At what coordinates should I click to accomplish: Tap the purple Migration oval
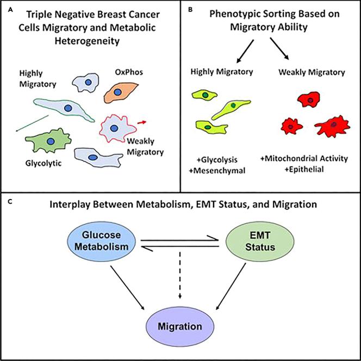[180, 328]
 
